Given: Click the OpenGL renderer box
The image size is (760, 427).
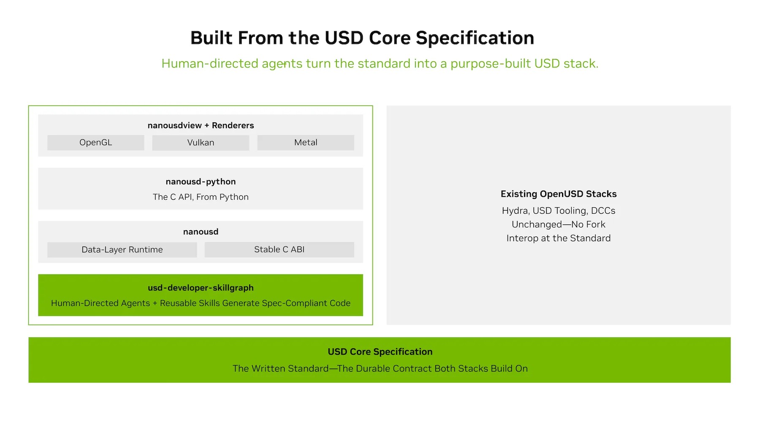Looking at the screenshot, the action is [x=96, y=142].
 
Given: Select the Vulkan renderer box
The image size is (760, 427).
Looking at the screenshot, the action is [x=201, y=142].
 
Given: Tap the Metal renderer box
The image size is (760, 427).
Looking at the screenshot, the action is [x=306, y=142].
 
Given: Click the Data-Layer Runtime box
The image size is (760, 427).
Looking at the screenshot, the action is [x=122, y=250].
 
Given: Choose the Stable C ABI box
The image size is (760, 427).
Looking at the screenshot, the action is [x=280, y=250].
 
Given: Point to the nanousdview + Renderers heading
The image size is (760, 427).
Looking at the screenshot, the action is [x=201, y=125].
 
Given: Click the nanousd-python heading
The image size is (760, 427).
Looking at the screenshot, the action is [x=201, y=182].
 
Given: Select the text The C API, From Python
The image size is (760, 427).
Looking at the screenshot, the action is [x=201, y=197].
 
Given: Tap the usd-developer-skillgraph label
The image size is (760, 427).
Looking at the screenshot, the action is [x=201, y=288].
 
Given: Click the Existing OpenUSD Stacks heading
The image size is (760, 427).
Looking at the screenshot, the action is [x=559, y=194].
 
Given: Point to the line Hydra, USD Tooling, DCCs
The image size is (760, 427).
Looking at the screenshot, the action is [x=559, y=210].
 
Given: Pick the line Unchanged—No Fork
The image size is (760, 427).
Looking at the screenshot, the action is [x=559, y=224].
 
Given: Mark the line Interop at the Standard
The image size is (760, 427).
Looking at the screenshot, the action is [x=559, y=238].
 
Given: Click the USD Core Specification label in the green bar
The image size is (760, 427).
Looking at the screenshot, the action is [x=380, y=352].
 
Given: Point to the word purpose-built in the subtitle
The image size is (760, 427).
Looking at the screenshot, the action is [x=490, y=64].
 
